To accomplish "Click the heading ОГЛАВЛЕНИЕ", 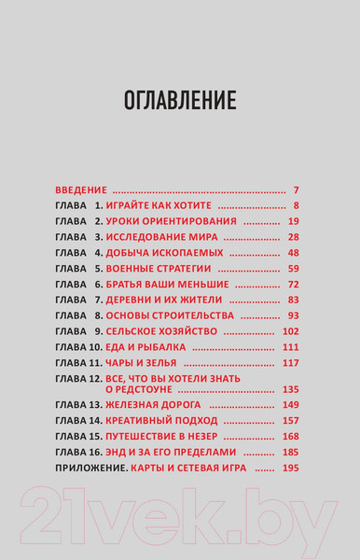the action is click(x=180, y=100).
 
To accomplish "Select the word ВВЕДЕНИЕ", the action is click(x=81, y=189).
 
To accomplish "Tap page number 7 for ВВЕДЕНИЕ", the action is click(x=295, y=189).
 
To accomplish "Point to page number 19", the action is click(x=293, y=221).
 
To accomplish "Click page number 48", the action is click(x=293, y=253).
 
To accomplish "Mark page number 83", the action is click(x=293, y=300).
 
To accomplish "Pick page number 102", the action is click(x=290, y=331).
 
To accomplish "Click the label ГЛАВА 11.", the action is click(x=78, y=362).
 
